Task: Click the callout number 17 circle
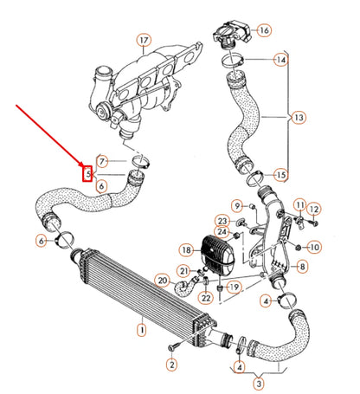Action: [144, 39]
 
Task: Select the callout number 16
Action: [264, 30]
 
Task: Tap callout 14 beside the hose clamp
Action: [280, 60]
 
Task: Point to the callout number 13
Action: [299, 117]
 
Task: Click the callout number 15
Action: [280, 175]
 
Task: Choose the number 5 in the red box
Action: [87, 173]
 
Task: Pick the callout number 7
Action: [103, 161]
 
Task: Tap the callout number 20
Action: [163, 280]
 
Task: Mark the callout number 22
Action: [206, 297]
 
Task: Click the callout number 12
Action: [314, 210]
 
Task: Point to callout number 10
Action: [314, 247]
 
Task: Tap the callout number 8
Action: [302, 268]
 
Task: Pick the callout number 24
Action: [222, 233]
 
